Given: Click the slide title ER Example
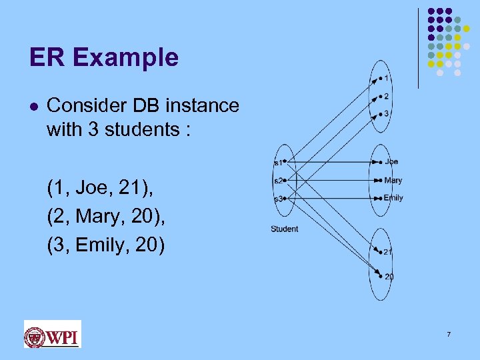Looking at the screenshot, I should point(104,58).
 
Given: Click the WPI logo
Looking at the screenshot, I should point(52,334).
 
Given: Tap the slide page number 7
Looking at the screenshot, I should point(449,333).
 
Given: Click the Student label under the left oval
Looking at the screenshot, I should point(284,229).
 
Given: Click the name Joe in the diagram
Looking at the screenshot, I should point(391,161).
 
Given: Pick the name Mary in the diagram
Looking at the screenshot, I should point(393,180).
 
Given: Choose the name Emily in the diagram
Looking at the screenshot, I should point(393,198).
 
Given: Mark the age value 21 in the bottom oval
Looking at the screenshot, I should point(387,252).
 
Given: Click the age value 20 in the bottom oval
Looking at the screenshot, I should point(389,277).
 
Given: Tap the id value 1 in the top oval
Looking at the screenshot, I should point(386,79).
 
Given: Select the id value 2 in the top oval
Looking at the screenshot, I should point(386,97).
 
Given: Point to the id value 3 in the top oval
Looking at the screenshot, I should point(386,114).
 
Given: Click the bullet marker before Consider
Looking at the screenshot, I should point(33,106).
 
